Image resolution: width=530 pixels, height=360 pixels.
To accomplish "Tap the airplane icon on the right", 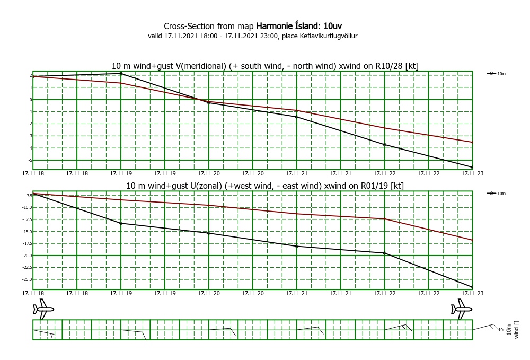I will (x=462, y=309).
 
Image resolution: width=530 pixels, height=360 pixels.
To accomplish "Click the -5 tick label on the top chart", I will (x=29, y=160).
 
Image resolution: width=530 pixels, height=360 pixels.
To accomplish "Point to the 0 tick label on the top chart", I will (x=30, y=100).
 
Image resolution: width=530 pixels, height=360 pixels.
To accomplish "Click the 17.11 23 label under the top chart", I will (x=472, y=173).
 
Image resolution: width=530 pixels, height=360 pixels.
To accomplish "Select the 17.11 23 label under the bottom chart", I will (x=472, y=293).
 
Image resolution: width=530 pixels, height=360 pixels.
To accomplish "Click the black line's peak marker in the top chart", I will (x=121, y=73).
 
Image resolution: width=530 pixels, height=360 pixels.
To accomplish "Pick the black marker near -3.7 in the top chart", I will (x=384, y=145).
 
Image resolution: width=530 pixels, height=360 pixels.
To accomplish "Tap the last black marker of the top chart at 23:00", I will (x=472, y=168).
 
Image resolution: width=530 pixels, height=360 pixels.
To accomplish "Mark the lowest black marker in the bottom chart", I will (x=472, y=287).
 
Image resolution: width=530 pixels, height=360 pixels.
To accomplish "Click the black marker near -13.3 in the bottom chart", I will (x=121, y=223).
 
